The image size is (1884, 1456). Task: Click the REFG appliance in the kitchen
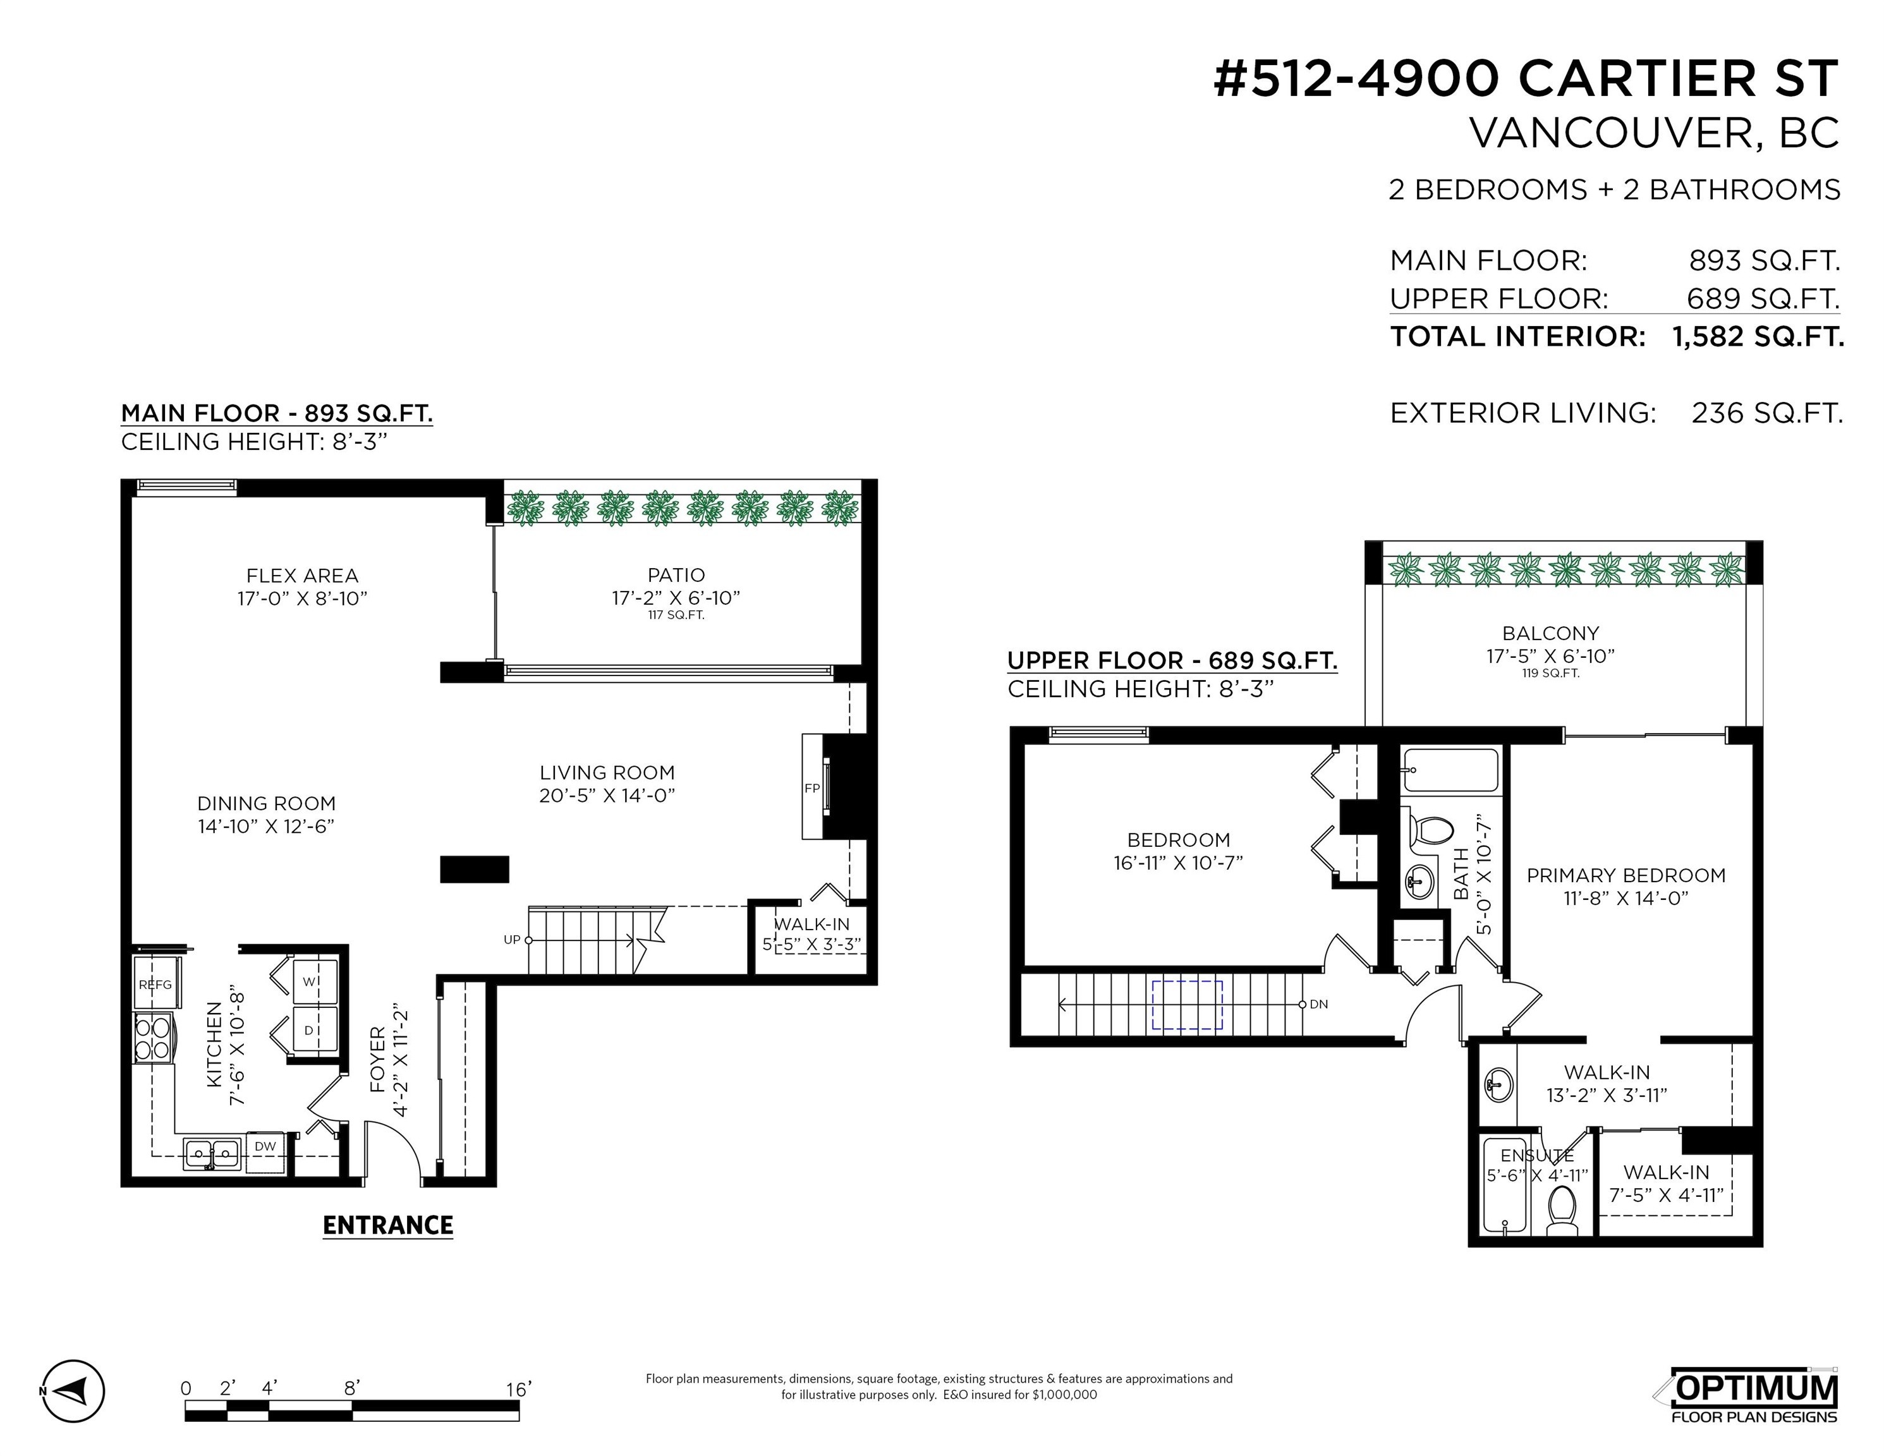[x=156, y=984]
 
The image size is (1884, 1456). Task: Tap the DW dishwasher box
[x=265, y=1146]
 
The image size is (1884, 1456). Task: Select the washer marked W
[x=310, y=981]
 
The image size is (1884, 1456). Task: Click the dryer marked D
[x=310, y=1030]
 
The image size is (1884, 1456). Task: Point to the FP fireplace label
[x=811, y=789]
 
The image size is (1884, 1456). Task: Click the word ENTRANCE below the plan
[x=387, y=1226]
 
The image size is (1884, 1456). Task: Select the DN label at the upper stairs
[x=1318, y=1004]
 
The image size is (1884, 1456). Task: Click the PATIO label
[x=676, y=575]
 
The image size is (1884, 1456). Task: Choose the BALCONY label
[x=1550, y=633]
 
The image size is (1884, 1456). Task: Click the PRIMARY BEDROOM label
[x=1626, y=875]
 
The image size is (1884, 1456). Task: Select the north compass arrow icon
[x=73, y=1392]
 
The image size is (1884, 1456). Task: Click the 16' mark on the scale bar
[x=518, y=1389]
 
